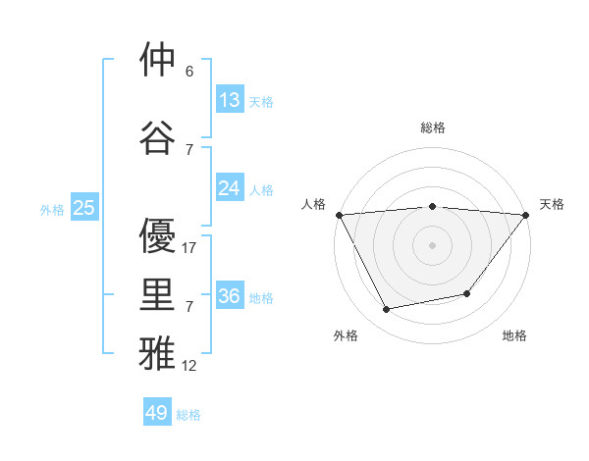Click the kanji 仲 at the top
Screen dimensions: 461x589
(157, 61)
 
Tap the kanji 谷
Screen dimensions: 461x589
(157, 138)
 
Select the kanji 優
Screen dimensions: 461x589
(157, 236)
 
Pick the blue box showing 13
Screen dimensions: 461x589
(230, 100)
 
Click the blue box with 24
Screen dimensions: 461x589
(230, 188)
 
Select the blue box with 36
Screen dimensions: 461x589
(230, 296)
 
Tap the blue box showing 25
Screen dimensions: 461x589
(83, 208)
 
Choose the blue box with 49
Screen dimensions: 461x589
(157, 413)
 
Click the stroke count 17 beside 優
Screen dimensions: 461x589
(189, 248)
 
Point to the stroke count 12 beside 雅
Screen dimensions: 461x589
(189, 366)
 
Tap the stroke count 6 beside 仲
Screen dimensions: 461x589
(188, 72)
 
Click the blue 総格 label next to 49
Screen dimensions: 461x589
(188, 415)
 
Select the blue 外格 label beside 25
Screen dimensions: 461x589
(51, 209)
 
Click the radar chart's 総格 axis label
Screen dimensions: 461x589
(432, 128)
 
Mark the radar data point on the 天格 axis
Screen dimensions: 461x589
(526, 215)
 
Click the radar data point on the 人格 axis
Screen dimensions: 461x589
(339, 215)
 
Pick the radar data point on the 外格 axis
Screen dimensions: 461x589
(387, 309)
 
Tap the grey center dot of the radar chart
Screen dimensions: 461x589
(432, 245)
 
